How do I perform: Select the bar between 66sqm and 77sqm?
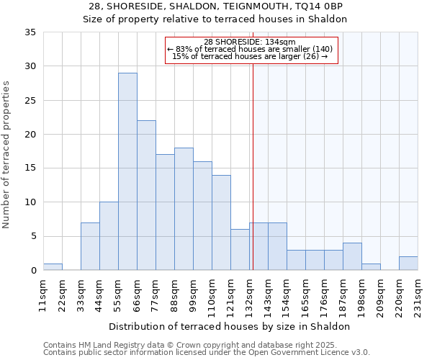(146, 195)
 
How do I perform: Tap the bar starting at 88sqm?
(184, 209)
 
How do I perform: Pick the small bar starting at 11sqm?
(53, 267)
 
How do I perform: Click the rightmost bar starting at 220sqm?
(408, 264)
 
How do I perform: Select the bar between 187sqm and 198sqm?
(352, 256)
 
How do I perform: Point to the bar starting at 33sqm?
(90, 246)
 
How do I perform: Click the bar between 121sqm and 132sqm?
(240, 250)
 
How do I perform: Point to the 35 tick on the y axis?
(31, 32)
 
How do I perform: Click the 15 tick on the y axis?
(31, 168)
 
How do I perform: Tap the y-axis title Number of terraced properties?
(6, 155)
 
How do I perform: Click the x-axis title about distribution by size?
(230, 326)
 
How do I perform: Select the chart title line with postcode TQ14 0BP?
(215, 6)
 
